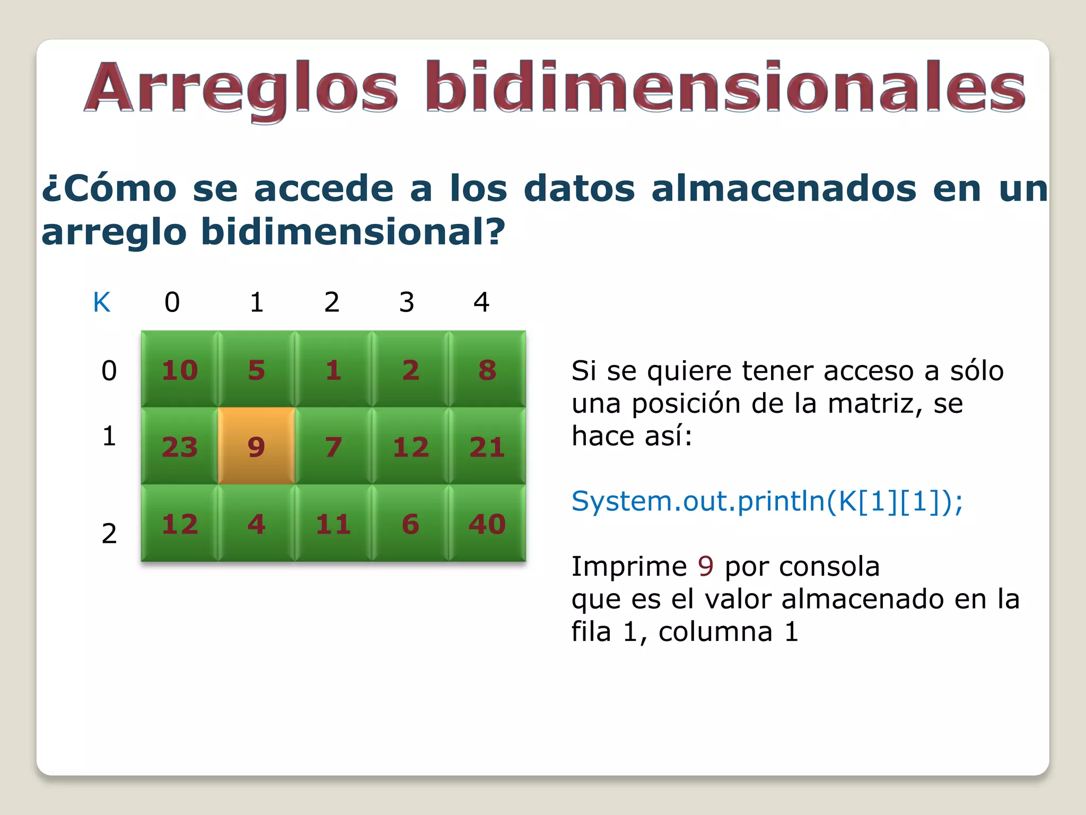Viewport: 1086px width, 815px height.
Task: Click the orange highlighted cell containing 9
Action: point(256,446)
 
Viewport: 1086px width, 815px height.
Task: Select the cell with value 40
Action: point(487,524)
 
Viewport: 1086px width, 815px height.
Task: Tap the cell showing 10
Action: point(179,370)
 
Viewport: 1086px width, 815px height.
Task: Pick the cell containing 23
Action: point(179,446)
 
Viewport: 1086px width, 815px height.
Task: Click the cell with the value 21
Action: point(487,446)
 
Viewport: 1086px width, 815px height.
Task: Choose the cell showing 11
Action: point(333,524)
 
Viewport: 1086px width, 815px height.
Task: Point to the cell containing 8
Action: point(487,370)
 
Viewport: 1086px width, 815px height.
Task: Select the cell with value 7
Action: point(333,446)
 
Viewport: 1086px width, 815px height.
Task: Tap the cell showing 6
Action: point(410,524)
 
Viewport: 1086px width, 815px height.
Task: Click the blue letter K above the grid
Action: point(102,302)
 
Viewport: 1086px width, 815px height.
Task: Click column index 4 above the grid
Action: point(481,302)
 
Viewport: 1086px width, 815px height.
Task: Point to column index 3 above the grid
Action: point(406,302)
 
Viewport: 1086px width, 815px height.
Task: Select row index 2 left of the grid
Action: point(109,533)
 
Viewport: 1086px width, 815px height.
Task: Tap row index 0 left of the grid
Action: point(109,370)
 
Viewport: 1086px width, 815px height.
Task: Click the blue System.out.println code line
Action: point(767,501)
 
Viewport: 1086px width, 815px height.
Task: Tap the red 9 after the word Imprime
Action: point(706,566)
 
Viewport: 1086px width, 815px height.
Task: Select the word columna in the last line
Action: point(715,631)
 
